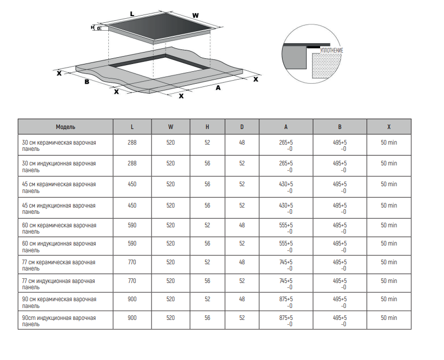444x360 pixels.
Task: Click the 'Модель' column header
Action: click(x=66, y=126)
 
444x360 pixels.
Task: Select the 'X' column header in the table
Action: click(x=389, y=126)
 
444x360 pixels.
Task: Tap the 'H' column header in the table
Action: click(x=207, y=126)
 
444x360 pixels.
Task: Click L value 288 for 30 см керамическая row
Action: click(x=132, y=143)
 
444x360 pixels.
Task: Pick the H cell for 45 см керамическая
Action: click(x=207, y=184)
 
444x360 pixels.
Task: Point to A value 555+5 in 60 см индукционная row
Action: click(x=286, y=243)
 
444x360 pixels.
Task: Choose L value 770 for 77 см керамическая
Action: click(x=132, y=262)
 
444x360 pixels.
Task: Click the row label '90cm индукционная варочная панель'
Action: click(x=58, y=320)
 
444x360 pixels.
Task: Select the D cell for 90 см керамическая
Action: click(x=242, y=299)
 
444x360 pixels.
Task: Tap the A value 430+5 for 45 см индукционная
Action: click(x=286, y=205)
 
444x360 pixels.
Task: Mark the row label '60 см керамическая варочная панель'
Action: click(x=59, y=228)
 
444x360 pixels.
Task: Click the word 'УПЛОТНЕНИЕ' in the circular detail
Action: click(x=332, y=50)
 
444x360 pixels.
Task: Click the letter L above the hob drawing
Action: click(x=132, y=12)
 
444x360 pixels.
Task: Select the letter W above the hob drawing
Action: click(x=195, y=15)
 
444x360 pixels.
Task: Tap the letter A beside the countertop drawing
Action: click(x=218, y=88)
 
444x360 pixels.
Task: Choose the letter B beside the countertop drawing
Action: click(x=87, y=82)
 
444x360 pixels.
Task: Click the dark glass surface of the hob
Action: click(x=156, y=28)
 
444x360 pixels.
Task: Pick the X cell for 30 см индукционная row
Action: click(x=389, y=163)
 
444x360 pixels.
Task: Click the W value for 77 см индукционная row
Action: click(x=171, y=281)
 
